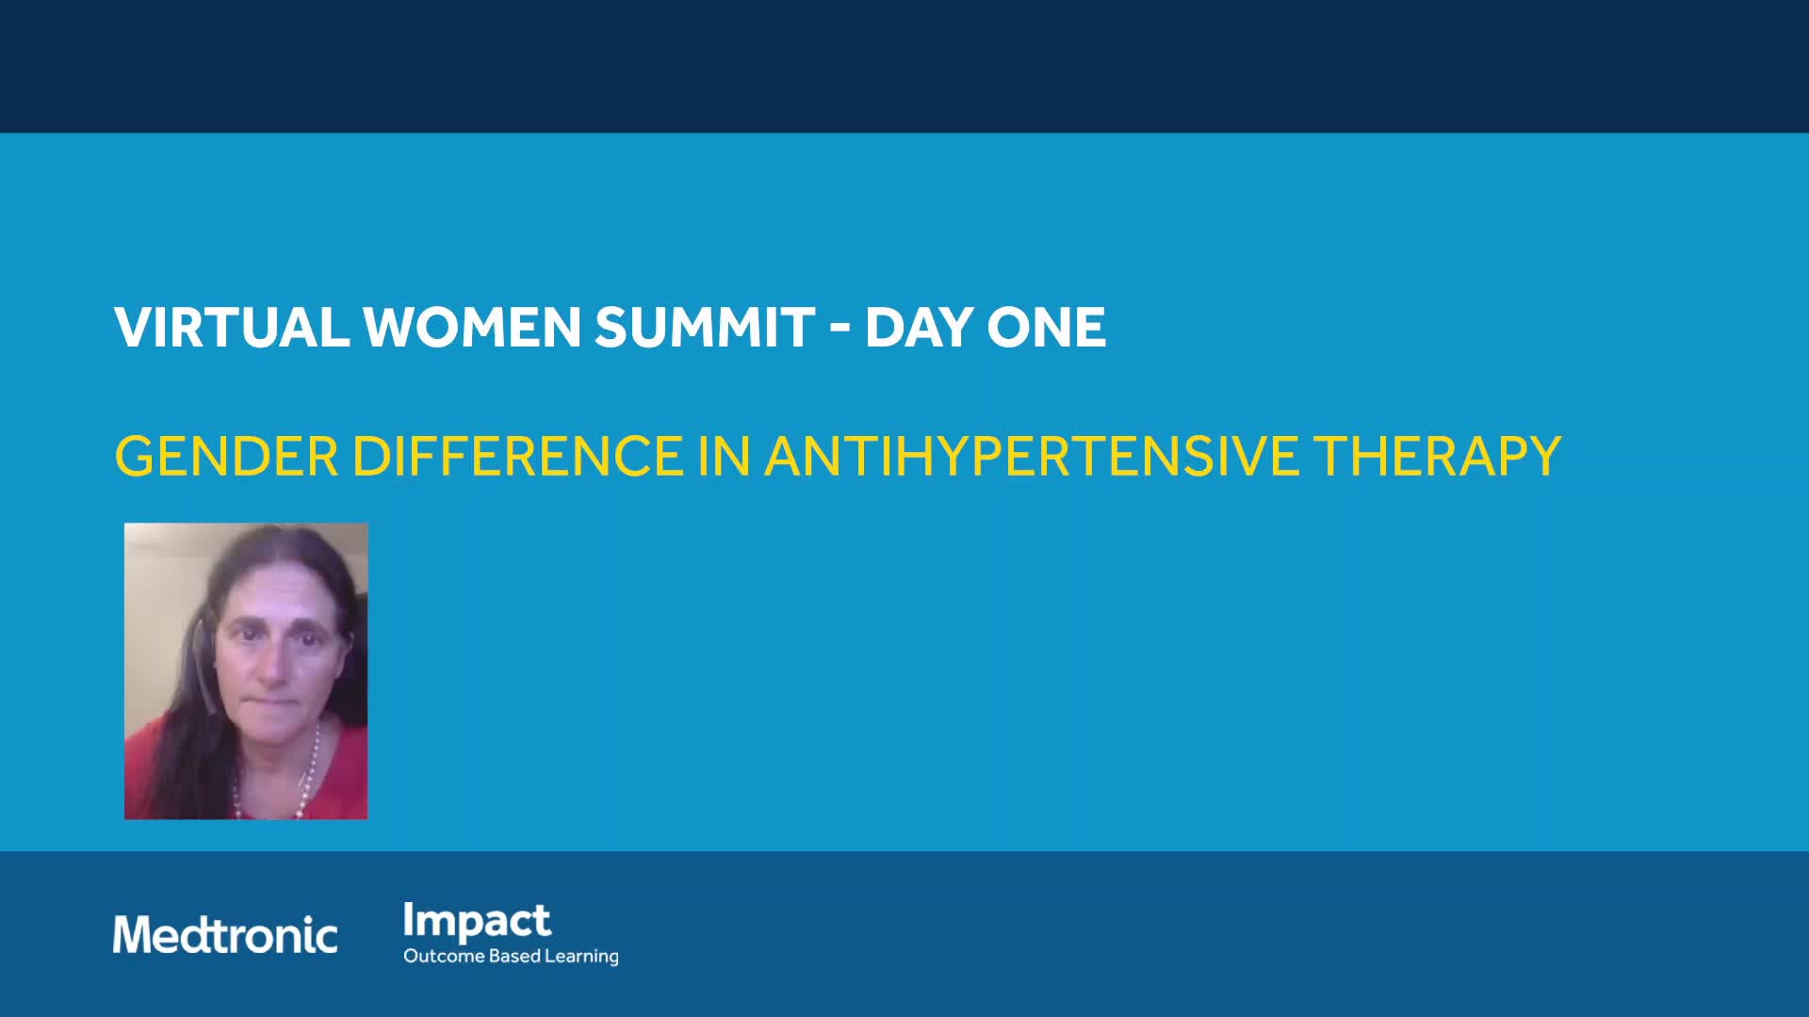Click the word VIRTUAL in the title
(232, 328)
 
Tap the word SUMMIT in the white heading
(705, 328)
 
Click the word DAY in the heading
(919, 328)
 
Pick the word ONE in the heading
(1046, 328)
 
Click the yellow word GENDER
(226, 457)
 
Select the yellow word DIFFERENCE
(517, 457)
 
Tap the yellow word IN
(724, 457)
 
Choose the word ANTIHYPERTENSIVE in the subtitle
(1032, 457)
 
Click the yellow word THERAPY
(1438, 457)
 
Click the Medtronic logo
(225, 935)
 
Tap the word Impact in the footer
(477, 922)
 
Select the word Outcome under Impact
(444, 956)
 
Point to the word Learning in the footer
(581, 957)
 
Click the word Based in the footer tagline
(514, 956)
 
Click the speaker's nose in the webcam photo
(270, 666)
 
